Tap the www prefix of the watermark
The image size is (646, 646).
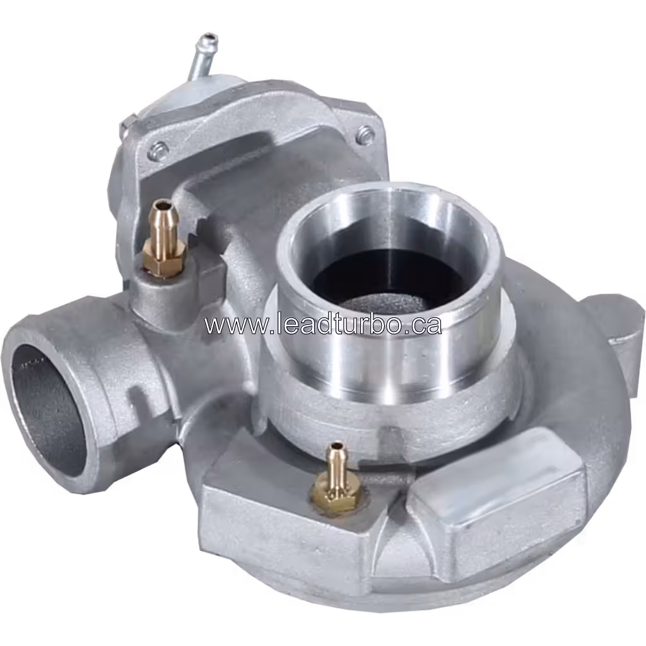pos(228,326)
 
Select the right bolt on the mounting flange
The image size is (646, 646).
pos(365,134)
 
